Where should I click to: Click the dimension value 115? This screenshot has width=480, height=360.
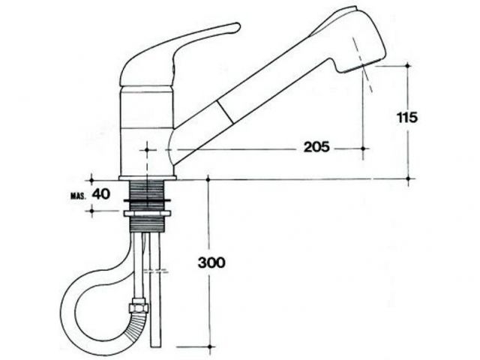coord(407,118)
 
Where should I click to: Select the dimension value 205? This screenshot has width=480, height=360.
coord(316,147)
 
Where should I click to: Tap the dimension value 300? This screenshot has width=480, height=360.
coord(211,262)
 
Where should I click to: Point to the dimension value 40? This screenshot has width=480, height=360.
coord(101,194)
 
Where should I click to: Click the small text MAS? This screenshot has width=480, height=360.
coord(78,196)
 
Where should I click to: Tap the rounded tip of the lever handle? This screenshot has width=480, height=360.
coord(238,27)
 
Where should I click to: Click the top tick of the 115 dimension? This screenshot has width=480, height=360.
coord(407,65)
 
